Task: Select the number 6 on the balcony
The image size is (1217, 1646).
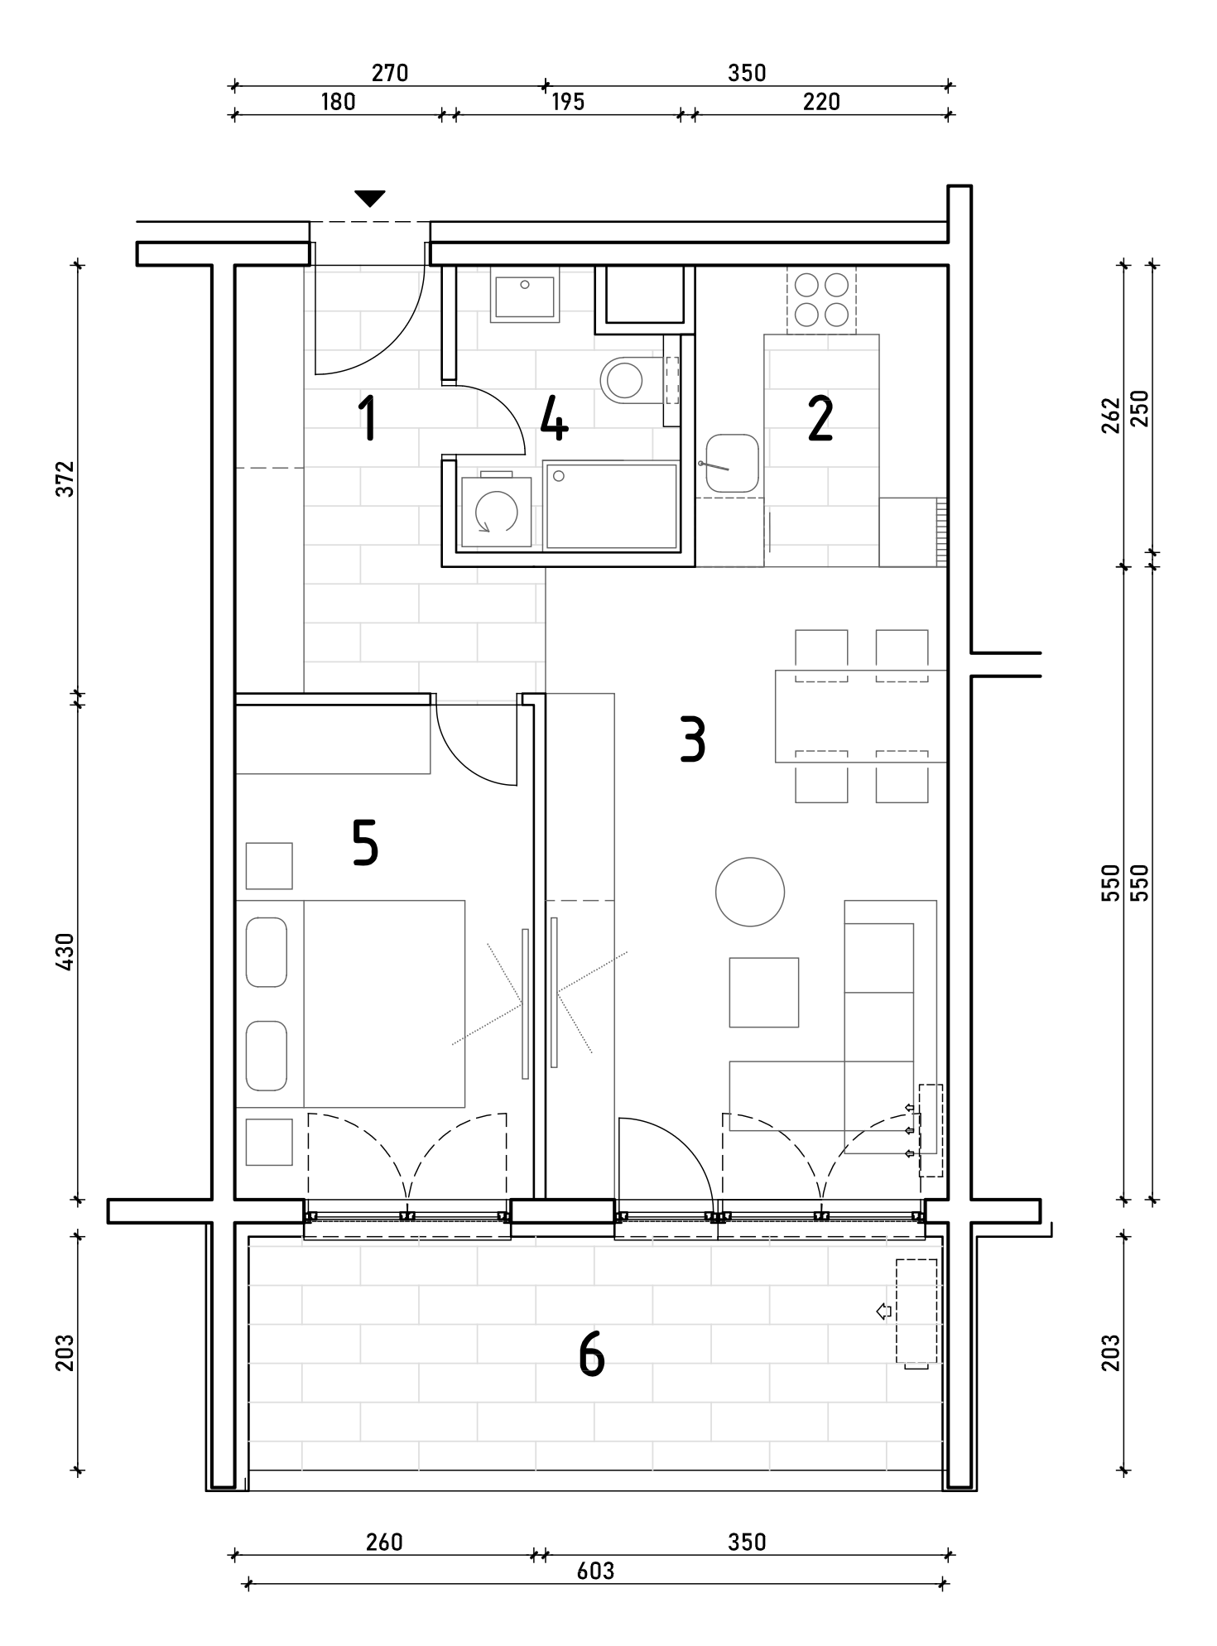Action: point(592,1355)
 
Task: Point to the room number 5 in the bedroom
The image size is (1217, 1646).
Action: point(365,844)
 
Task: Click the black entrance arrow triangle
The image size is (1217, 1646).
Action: point(370,199)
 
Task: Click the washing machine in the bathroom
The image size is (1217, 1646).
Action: point(496,512)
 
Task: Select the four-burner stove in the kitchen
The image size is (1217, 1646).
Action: point(821,300)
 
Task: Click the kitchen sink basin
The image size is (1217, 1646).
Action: point(732,464)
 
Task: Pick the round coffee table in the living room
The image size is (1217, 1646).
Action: point(750,892)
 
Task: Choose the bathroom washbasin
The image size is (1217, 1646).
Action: point(524,297)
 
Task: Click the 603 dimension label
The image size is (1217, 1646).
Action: point(595,1571)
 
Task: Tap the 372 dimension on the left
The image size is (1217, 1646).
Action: point(65,479)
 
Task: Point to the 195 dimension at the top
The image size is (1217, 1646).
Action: point(568,101)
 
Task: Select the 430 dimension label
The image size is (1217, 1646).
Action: point(65,951)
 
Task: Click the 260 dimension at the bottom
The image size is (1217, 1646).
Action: point(384,1542)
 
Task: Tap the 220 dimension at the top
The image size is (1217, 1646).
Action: point(821,101)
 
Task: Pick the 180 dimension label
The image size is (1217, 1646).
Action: point(338,101)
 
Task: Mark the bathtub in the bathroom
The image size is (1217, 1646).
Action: point(612,506)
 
